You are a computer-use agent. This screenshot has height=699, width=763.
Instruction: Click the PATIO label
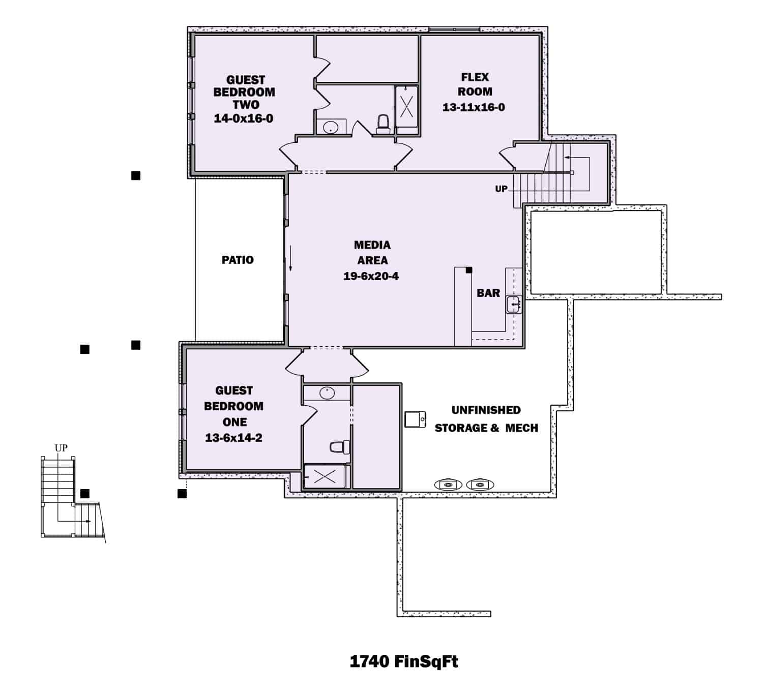pyautogui.click(x=238, y=260)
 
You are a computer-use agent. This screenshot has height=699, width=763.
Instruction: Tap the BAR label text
pyautogui.click(x=488, y=293)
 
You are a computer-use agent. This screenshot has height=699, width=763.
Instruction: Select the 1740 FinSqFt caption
pyautogui.click(x=404, y=661)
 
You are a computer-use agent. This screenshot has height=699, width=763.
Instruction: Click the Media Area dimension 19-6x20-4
pyautogui.click(x=371, y=277)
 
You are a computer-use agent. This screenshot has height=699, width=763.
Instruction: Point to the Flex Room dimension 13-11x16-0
pyautogui.click(x=474, y=107)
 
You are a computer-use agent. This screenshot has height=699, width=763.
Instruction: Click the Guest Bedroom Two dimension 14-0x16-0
pyautogui.click(x=244, y=118)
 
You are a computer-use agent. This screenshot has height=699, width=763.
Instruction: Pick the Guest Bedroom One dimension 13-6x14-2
pyautogui.click(x=233, y=438)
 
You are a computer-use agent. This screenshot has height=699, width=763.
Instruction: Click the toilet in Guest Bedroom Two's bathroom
pyautogui.click(x=383, y=124)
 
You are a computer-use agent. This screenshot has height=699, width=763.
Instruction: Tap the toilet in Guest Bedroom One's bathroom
pyautogui.click(x=339, y=447)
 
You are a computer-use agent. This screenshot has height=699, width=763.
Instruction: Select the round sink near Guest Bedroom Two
pyautogui.click(x=331, y=127)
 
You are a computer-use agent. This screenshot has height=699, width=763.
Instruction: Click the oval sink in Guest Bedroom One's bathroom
pyautogui.click(x=327, y=392)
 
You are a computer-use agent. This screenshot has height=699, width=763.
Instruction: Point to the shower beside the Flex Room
pyautogui.click(x=406, y=106)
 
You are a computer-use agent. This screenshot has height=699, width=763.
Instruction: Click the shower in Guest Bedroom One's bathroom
pyautogui.click(x=324, y=476)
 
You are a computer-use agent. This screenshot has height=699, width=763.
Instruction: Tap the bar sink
pyautogui.click(x=514, y=304)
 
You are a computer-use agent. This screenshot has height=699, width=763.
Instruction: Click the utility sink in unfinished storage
pyautogui.click(x=415, y=419)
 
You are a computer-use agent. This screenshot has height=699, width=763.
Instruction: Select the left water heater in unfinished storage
pyautogui.click(x=448, y=484)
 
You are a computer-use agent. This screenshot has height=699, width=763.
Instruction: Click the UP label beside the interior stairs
pyautogui.click(x=501, y=189)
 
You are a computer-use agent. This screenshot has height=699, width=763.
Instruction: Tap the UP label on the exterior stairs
pyautogui.click(x=61, y=448)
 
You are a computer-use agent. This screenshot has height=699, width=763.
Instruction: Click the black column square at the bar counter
pyautogui.click(x=468, y=270)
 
